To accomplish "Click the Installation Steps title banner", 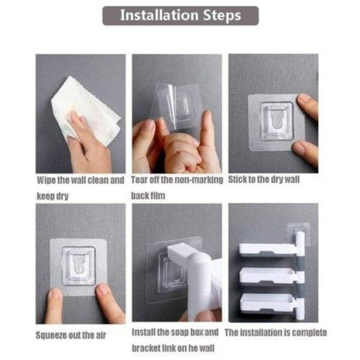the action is [x=181, y=16].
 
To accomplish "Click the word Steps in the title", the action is [x=222, y=16].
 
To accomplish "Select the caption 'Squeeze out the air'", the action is [x=71, y=335].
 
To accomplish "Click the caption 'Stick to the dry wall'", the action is [x=264, y=179].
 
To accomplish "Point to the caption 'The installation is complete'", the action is [x=276, y=332].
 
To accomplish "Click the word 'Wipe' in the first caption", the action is [x=47, y=180].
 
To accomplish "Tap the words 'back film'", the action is [x=148, y=196].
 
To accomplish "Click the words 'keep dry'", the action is [x=53, y=196].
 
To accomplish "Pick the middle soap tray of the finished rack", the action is [x=268, y=275].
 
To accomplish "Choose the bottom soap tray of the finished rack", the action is [x=268, y=302].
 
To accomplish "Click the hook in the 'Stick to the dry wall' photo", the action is [x=277, y=121].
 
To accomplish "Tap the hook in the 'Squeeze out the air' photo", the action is [x=79, y=266].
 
